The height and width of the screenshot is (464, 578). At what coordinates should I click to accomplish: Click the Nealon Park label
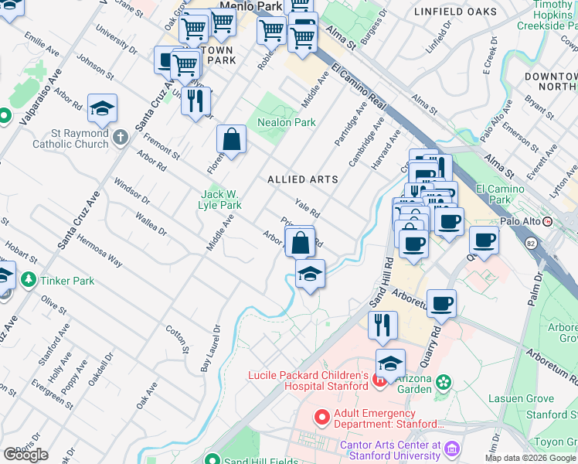coord(286,122)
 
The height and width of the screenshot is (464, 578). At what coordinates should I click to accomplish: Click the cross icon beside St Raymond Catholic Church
coord(120,138)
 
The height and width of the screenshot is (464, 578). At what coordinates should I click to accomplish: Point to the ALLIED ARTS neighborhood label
coord(302,179)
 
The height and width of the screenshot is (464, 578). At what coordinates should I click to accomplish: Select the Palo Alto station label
coord(519,221)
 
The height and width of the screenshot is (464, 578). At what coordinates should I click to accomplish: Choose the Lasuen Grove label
coord(521,399)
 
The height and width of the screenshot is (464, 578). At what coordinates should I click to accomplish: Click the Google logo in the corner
coord(25,454)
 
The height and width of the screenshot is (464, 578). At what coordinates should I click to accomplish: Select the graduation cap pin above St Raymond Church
coord(102,111)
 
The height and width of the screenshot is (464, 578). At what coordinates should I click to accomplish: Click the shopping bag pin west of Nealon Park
coord(231,141)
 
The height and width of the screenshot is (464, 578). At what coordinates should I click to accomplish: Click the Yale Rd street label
coord(308,208)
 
